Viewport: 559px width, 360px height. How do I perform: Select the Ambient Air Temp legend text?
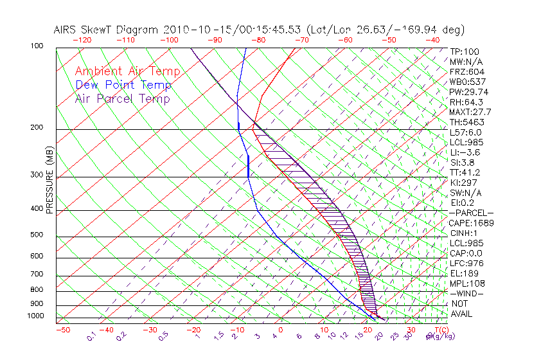(127, 71)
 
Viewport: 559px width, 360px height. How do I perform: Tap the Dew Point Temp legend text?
(123, 85)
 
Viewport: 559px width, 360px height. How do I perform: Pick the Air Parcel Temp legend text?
(122, 98)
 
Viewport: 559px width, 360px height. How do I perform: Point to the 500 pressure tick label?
(36, 235)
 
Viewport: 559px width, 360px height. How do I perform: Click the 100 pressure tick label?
(36, 46)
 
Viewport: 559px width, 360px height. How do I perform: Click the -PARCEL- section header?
(472, 213)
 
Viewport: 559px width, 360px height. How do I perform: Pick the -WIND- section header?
(467, 293)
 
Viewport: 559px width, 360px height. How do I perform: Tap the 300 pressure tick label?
(36, 174)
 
